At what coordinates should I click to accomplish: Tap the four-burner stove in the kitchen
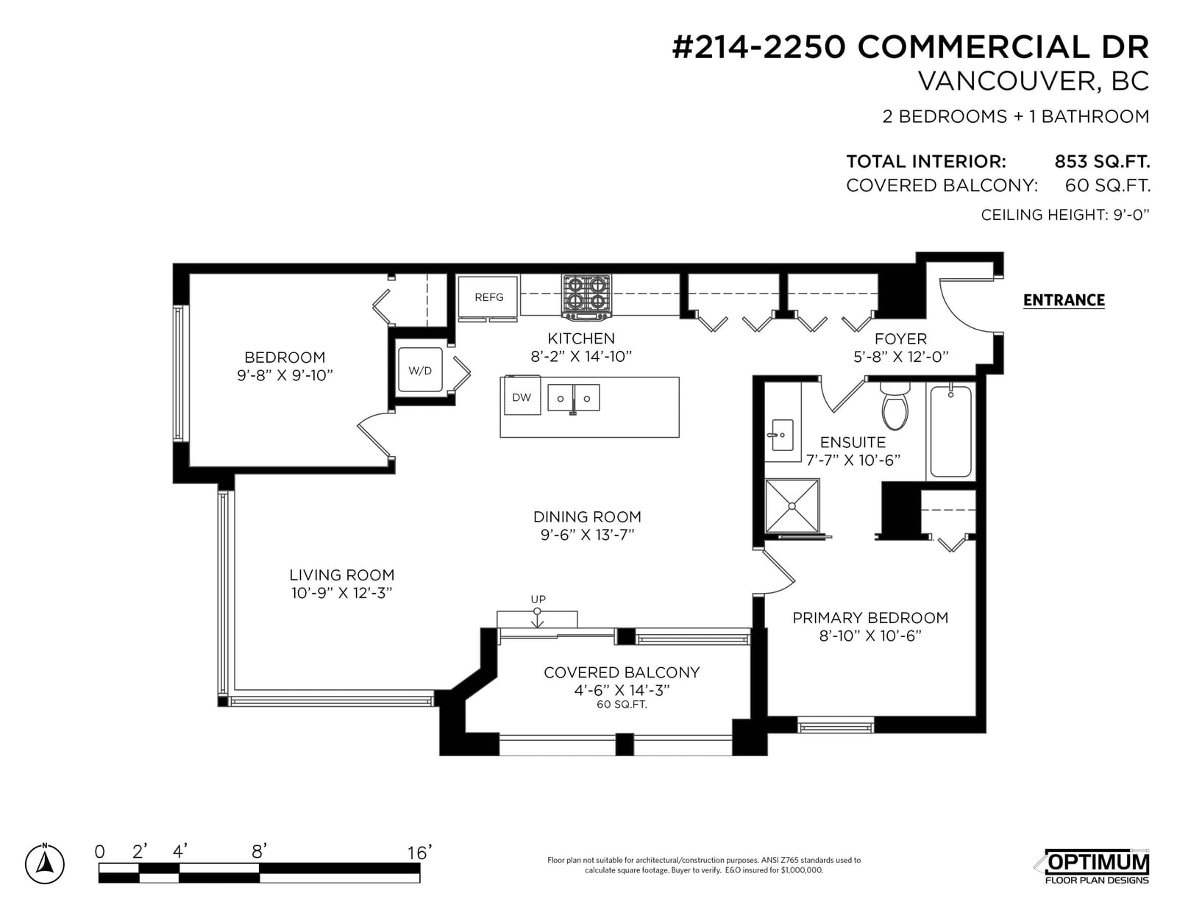coord(586,296)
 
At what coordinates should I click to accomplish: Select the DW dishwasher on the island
coord(522,395)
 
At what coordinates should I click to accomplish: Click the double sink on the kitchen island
coord(574,398)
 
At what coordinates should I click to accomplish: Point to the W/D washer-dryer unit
coord(420,370)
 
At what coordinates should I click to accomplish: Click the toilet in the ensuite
coord(895,405)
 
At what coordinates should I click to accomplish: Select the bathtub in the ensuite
coord(950,431)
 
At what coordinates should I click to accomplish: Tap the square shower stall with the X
coord(792,506)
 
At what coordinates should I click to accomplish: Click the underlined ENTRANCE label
coord(1064,300)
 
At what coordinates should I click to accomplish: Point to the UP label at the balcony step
coord(538,599)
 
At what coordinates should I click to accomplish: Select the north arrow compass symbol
coord(45,864)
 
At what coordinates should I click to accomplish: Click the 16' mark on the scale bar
coord(420,853)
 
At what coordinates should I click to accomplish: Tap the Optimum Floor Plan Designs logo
coord(1096,867)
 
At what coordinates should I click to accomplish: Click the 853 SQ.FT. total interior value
coord(1102,161)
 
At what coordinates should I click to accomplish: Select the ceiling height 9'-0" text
coord(1065,215)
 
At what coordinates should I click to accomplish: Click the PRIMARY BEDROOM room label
coord(870,617)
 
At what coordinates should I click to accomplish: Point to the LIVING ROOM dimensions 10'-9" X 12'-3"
coord(342,593)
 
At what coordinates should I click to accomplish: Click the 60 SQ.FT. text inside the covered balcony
coord(622,705)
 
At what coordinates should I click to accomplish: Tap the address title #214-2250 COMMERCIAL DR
coord(910,47)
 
